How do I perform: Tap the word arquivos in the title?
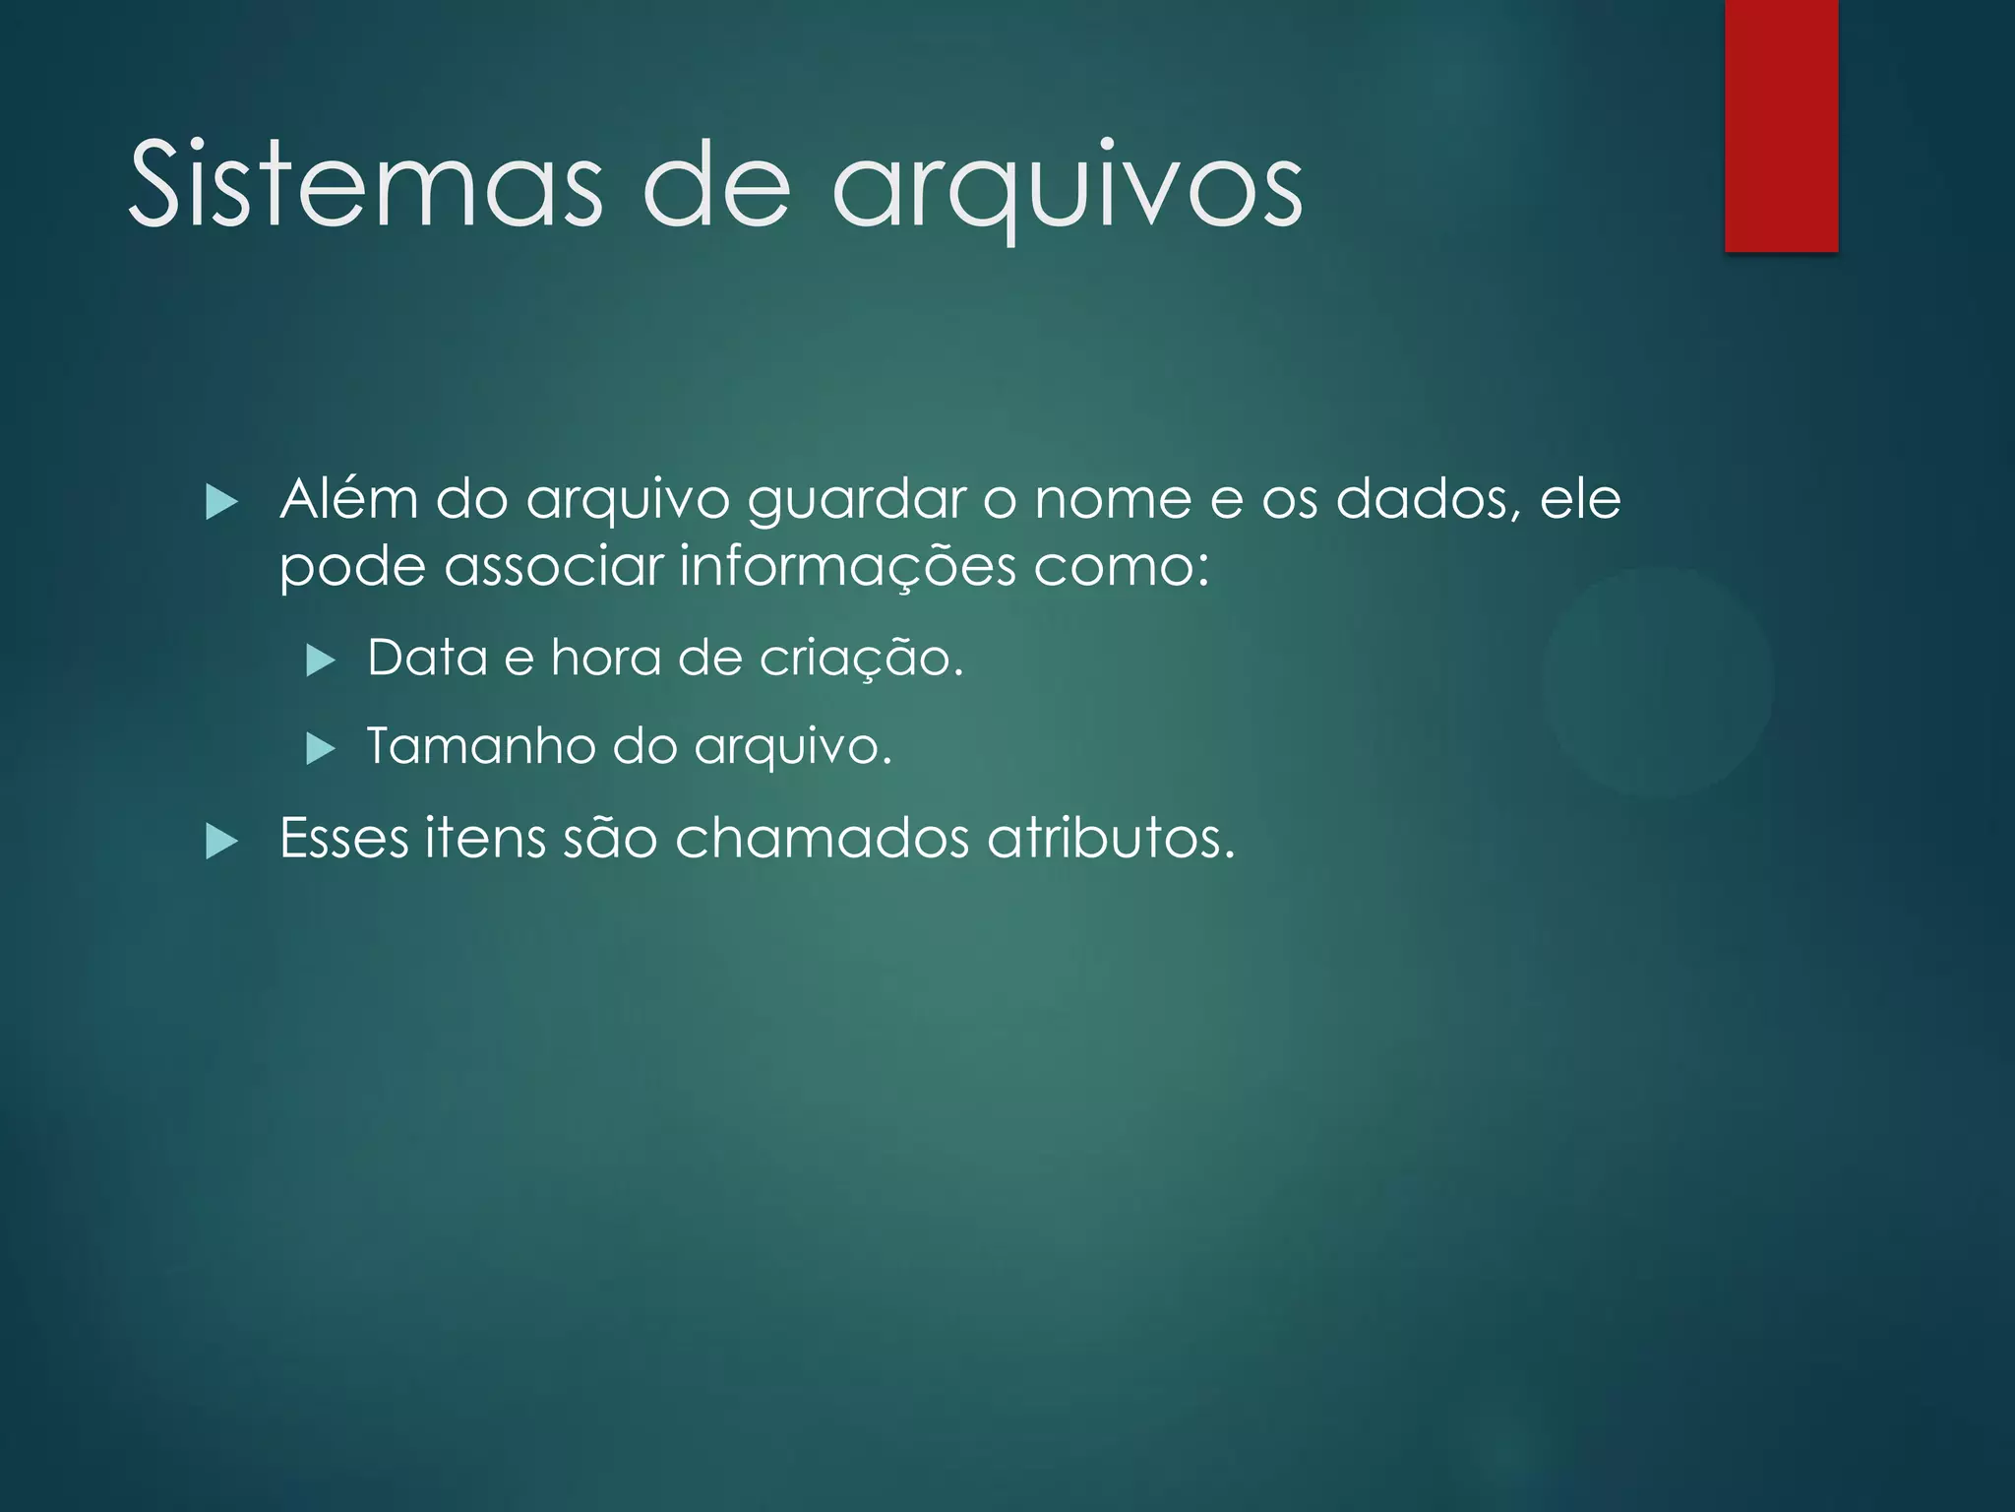pos(1068,187)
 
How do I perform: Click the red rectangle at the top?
pos(1781,125)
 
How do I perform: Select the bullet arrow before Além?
pos(222,503)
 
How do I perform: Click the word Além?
pos(349,499)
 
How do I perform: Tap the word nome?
pos(1113,500)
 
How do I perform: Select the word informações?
pos(847,568)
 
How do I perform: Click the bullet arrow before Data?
pos(321,661)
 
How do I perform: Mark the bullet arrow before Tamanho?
pos(321,749)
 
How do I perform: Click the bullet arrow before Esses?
pos(222,842)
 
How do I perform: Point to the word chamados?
pos(823,839)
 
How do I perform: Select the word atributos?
pos(1111,839)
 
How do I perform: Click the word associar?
pos(554,568)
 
